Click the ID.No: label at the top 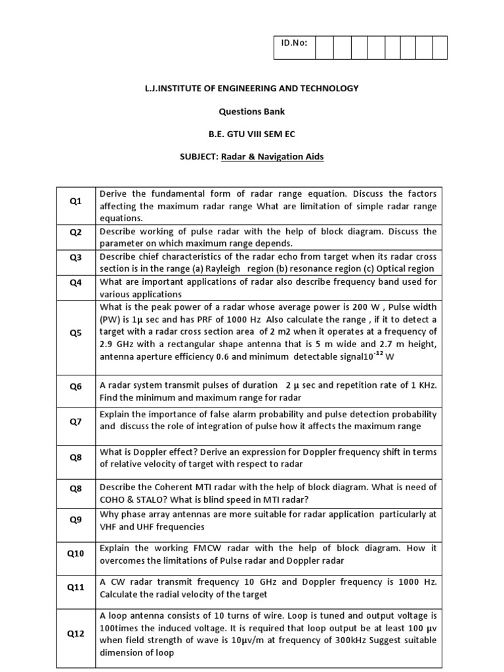tap(293, 48)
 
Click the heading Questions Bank tap(251, 112)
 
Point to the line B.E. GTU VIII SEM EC tap(251, 134)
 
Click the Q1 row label tap(75, 201)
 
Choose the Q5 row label tap(75, 333)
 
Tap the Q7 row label tap(75, 421)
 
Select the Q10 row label tap(75, 554)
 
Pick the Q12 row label tap(75, 634)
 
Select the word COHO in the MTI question tap(112, 499)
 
